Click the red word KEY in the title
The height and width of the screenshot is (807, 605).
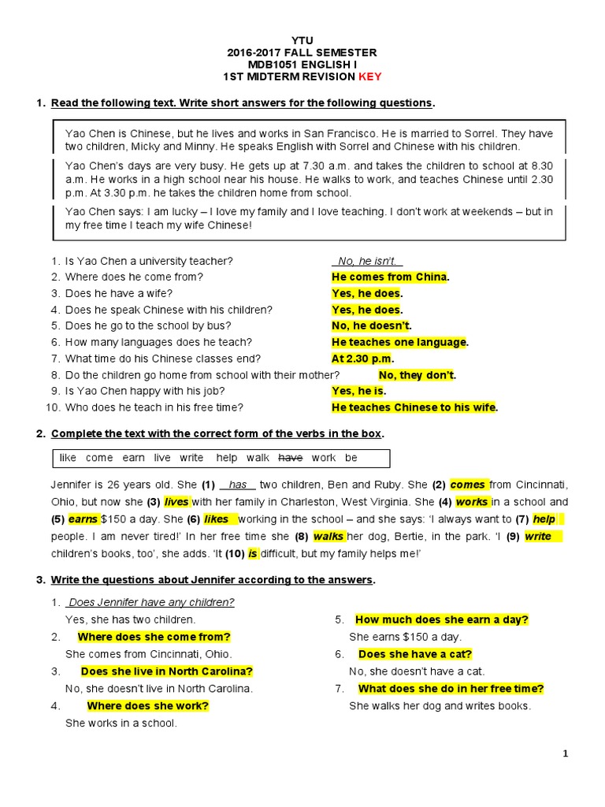point(370,76)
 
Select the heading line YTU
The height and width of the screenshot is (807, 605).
point(302,39)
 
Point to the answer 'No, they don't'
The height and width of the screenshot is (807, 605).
point(417,375)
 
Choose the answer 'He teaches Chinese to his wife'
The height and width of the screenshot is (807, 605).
point(414,407)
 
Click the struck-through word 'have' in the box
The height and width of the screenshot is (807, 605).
point(291,458)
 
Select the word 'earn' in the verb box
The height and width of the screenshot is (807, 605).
point(133,458)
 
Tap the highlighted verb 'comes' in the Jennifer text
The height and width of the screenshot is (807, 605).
point(468,485)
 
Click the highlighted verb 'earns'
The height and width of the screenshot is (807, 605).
point(82,519)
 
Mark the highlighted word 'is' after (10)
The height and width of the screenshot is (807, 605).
point(253,554)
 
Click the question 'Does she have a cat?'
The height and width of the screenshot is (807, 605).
point(415,654)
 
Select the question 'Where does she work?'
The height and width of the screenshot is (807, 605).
point(147,706)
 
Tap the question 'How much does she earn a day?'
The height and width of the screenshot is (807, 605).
point(441,619)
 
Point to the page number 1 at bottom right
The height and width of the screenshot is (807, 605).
point(566,754)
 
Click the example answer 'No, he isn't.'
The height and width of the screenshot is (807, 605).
point(368,261)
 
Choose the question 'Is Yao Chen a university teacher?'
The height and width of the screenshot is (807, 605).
point(149,261)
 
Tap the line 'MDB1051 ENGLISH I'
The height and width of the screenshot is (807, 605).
point(302,65)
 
